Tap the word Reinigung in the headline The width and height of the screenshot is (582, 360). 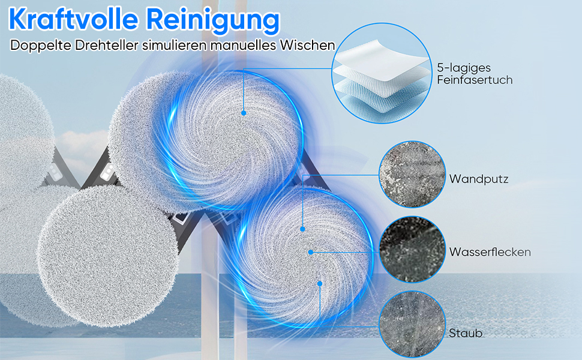coord(212,21)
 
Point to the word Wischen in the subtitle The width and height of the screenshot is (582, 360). coord(308,45)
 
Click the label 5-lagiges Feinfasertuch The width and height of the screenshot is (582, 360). coord(475,74)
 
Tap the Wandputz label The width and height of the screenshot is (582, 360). coord(478,179)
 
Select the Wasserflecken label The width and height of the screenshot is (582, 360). coord(490,252)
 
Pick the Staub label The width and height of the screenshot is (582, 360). coord(466,333)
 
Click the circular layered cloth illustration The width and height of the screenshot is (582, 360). coord(382,73)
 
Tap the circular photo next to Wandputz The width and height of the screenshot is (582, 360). coord(412,174)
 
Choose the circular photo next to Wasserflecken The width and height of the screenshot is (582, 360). coord(412,250)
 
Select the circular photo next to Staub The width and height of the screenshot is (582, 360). coord(412,324)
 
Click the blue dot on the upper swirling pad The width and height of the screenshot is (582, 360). coord(244,113)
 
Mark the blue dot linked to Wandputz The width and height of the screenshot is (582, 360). coord(302,229)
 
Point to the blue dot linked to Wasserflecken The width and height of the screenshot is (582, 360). coord(311,253)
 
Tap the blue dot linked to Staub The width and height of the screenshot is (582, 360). coord(320,284)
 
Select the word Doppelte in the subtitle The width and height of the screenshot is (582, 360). coord(41,45)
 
